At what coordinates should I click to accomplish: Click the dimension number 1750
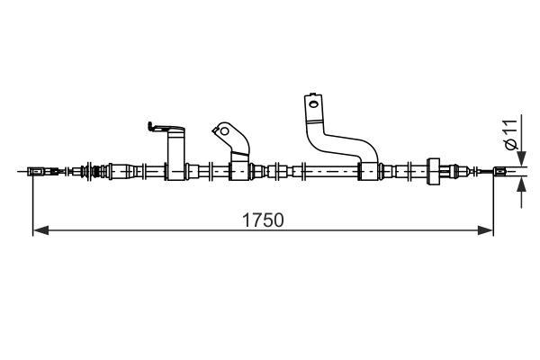pyautogui.click(x=263, y=220)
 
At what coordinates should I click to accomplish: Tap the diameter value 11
pyautogui.click(x=511, y=128)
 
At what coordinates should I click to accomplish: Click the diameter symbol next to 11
pyautogui.click(x=511, y=145)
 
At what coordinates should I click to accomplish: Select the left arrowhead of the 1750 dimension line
pyautogui.click(x=40, y=230)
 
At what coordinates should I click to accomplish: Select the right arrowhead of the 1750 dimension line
pyautogui.click(x=486, y=230)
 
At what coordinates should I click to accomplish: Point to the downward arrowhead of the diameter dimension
pyautogui.click(x=522, y=158)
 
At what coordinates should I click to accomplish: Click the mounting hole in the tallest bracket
pyautogui.click(x=313, y=103)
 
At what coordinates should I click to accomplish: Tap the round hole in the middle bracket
pyautogui.click(x=224, y=131)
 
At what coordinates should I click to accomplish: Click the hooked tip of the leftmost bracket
pyautogui.click(x=150, y=126)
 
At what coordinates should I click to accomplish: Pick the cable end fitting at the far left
pyautogui.click(x=35, y=171)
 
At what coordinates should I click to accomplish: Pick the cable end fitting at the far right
pyautogui.click(x=499, y=171)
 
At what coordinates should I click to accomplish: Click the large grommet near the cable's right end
pyautogui.click(x=433, y=171)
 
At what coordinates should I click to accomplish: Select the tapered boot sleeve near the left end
pyautogui.click(x=126, y=171)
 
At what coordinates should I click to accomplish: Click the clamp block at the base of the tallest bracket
pyautogui.click(x=368, y=171)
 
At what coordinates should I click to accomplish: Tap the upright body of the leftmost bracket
pyautogui.click(x=176, y=154)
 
